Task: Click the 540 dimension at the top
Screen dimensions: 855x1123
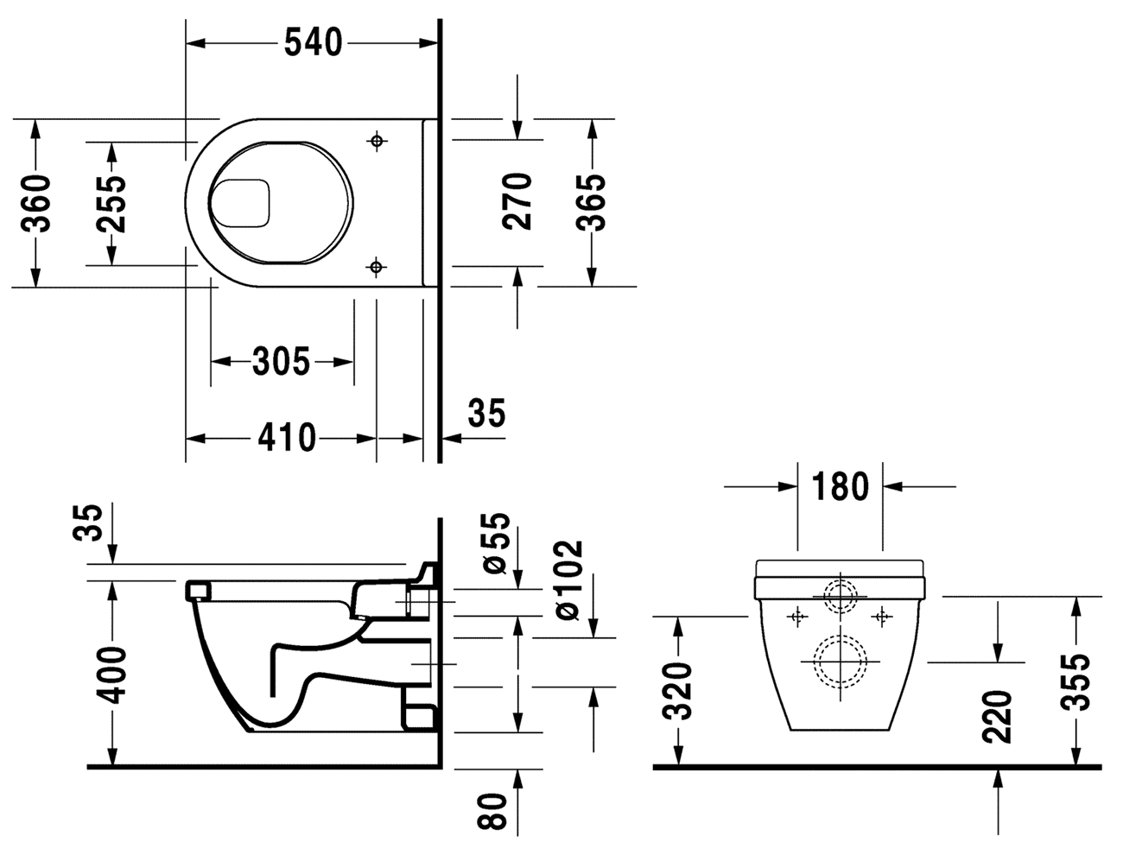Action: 314,41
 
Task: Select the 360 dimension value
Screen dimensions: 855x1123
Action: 36,203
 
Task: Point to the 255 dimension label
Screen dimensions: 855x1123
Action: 111,204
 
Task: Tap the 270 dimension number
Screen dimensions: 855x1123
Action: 517,201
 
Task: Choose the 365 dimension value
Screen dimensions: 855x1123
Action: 592,202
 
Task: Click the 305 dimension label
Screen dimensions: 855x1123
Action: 281,361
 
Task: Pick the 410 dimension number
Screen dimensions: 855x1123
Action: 287,438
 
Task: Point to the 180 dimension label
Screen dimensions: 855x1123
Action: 840,487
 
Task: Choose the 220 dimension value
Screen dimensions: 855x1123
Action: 998,716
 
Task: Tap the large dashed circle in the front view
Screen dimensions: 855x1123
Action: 839,662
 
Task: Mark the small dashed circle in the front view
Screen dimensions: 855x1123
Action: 839,596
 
